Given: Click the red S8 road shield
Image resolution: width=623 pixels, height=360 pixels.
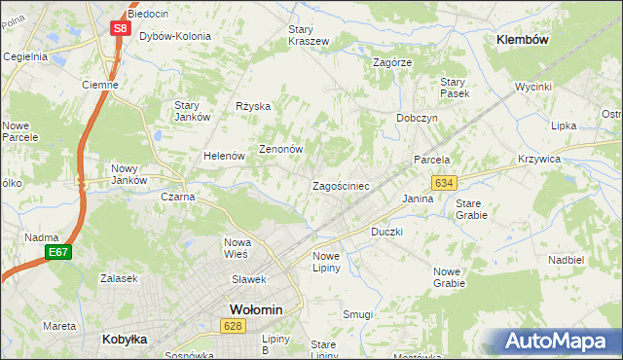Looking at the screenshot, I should (x=119, y=28).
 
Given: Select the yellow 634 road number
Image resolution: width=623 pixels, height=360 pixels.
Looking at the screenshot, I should (x=444, y=183).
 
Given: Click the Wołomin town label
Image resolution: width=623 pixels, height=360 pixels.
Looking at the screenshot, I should (x=255, y=309).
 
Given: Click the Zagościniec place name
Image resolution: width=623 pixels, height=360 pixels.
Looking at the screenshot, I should (x=340, y=185).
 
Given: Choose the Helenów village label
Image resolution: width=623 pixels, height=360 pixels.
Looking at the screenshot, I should (x=223, y=156).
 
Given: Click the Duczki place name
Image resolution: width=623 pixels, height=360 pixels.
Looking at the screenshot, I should (x=386, y=233).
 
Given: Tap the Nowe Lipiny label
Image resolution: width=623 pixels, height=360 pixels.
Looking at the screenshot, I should (x=326, y=262).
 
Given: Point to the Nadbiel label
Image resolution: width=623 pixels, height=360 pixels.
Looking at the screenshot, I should (x=566, y=261).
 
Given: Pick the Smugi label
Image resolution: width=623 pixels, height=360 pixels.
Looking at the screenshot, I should (x=358, y=314).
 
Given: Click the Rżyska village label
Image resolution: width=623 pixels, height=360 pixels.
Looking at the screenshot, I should (x=253, y=106).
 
